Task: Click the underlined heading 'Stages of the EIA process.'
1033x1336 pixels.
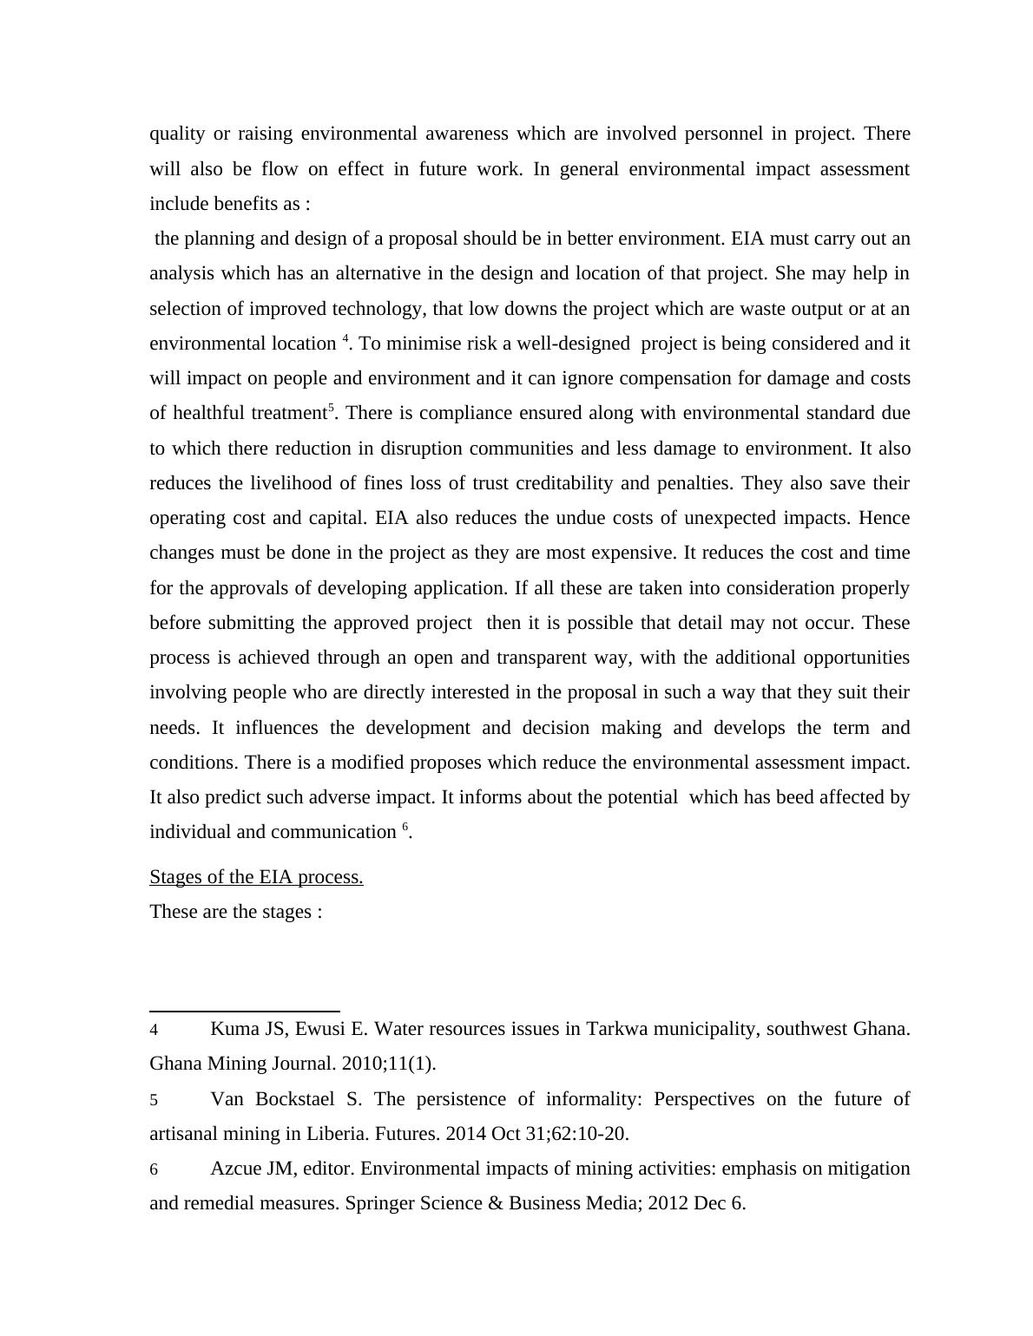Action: pyautogui.click(x=256, y=877)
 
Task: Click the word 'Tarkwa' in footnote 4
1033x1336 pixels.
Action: pyautogui.click(x=615, y=1029)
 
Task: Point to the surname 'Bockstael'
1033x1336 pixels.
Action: pyautogui.click(x=294, y=1099)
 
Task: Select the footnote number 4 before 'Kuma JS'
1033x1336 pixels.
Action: pyautogui.click(x=154, y=1031)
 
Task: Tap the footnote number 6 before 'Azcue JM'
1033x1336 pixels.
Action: pyautogui.click(x=154, y=1170)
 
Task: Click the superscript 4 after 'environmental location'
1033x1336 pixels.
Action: pyautogui.click(x=345, y=338)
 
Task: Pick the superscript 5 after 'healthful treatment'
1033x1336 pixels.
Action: pyautogui.click(x=331, y=408)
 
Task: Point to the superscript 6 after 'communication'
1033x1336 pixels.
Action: pyautogui.click(x=405, y=827)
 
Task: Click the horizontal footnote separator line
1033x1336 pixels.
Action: pyautogui.click(x=244, y=1011)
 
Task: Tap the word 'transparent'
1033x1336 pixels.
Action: pyautogui.click(x=543, y=658)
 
